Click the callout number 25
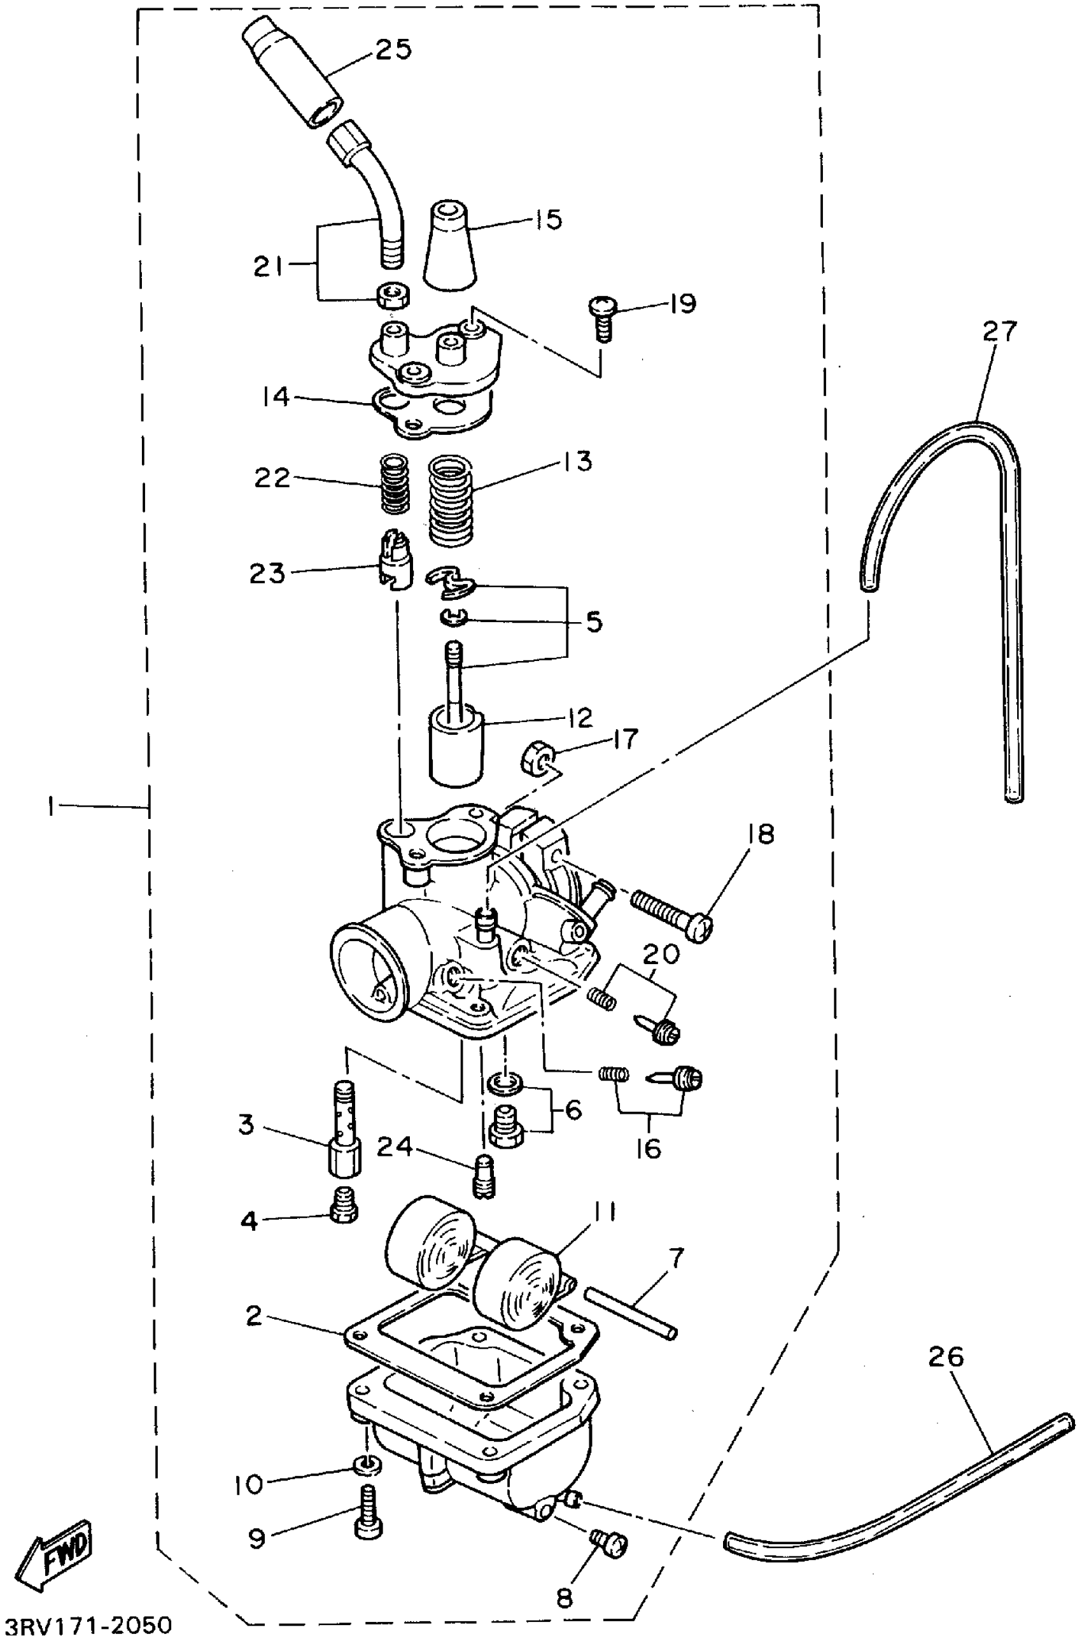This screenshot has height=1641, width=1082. pos(393,50)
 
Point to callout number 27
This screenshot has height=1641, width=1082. pos(1000,332)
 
